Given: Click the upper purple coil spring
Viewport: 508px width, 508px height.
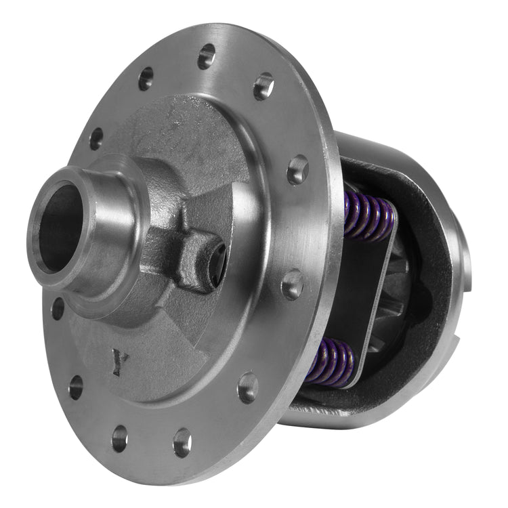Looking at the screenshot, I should click(369, 215).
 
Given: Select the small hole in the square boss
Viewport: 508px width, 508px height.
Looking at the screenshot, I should click(217, 261).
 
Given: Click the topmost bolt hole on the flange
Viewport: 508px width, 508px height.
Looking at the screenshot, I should click(206, 56).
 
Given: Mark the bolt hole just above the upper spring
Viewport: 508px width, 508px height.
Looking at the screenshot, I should click(297, 169).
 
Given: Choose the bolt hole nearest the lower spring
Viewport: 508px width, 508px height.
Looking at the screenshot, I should click(248, 387).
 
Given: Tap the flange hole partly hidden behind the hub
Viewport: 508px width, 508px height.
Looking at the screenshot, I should click(58, 308).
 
